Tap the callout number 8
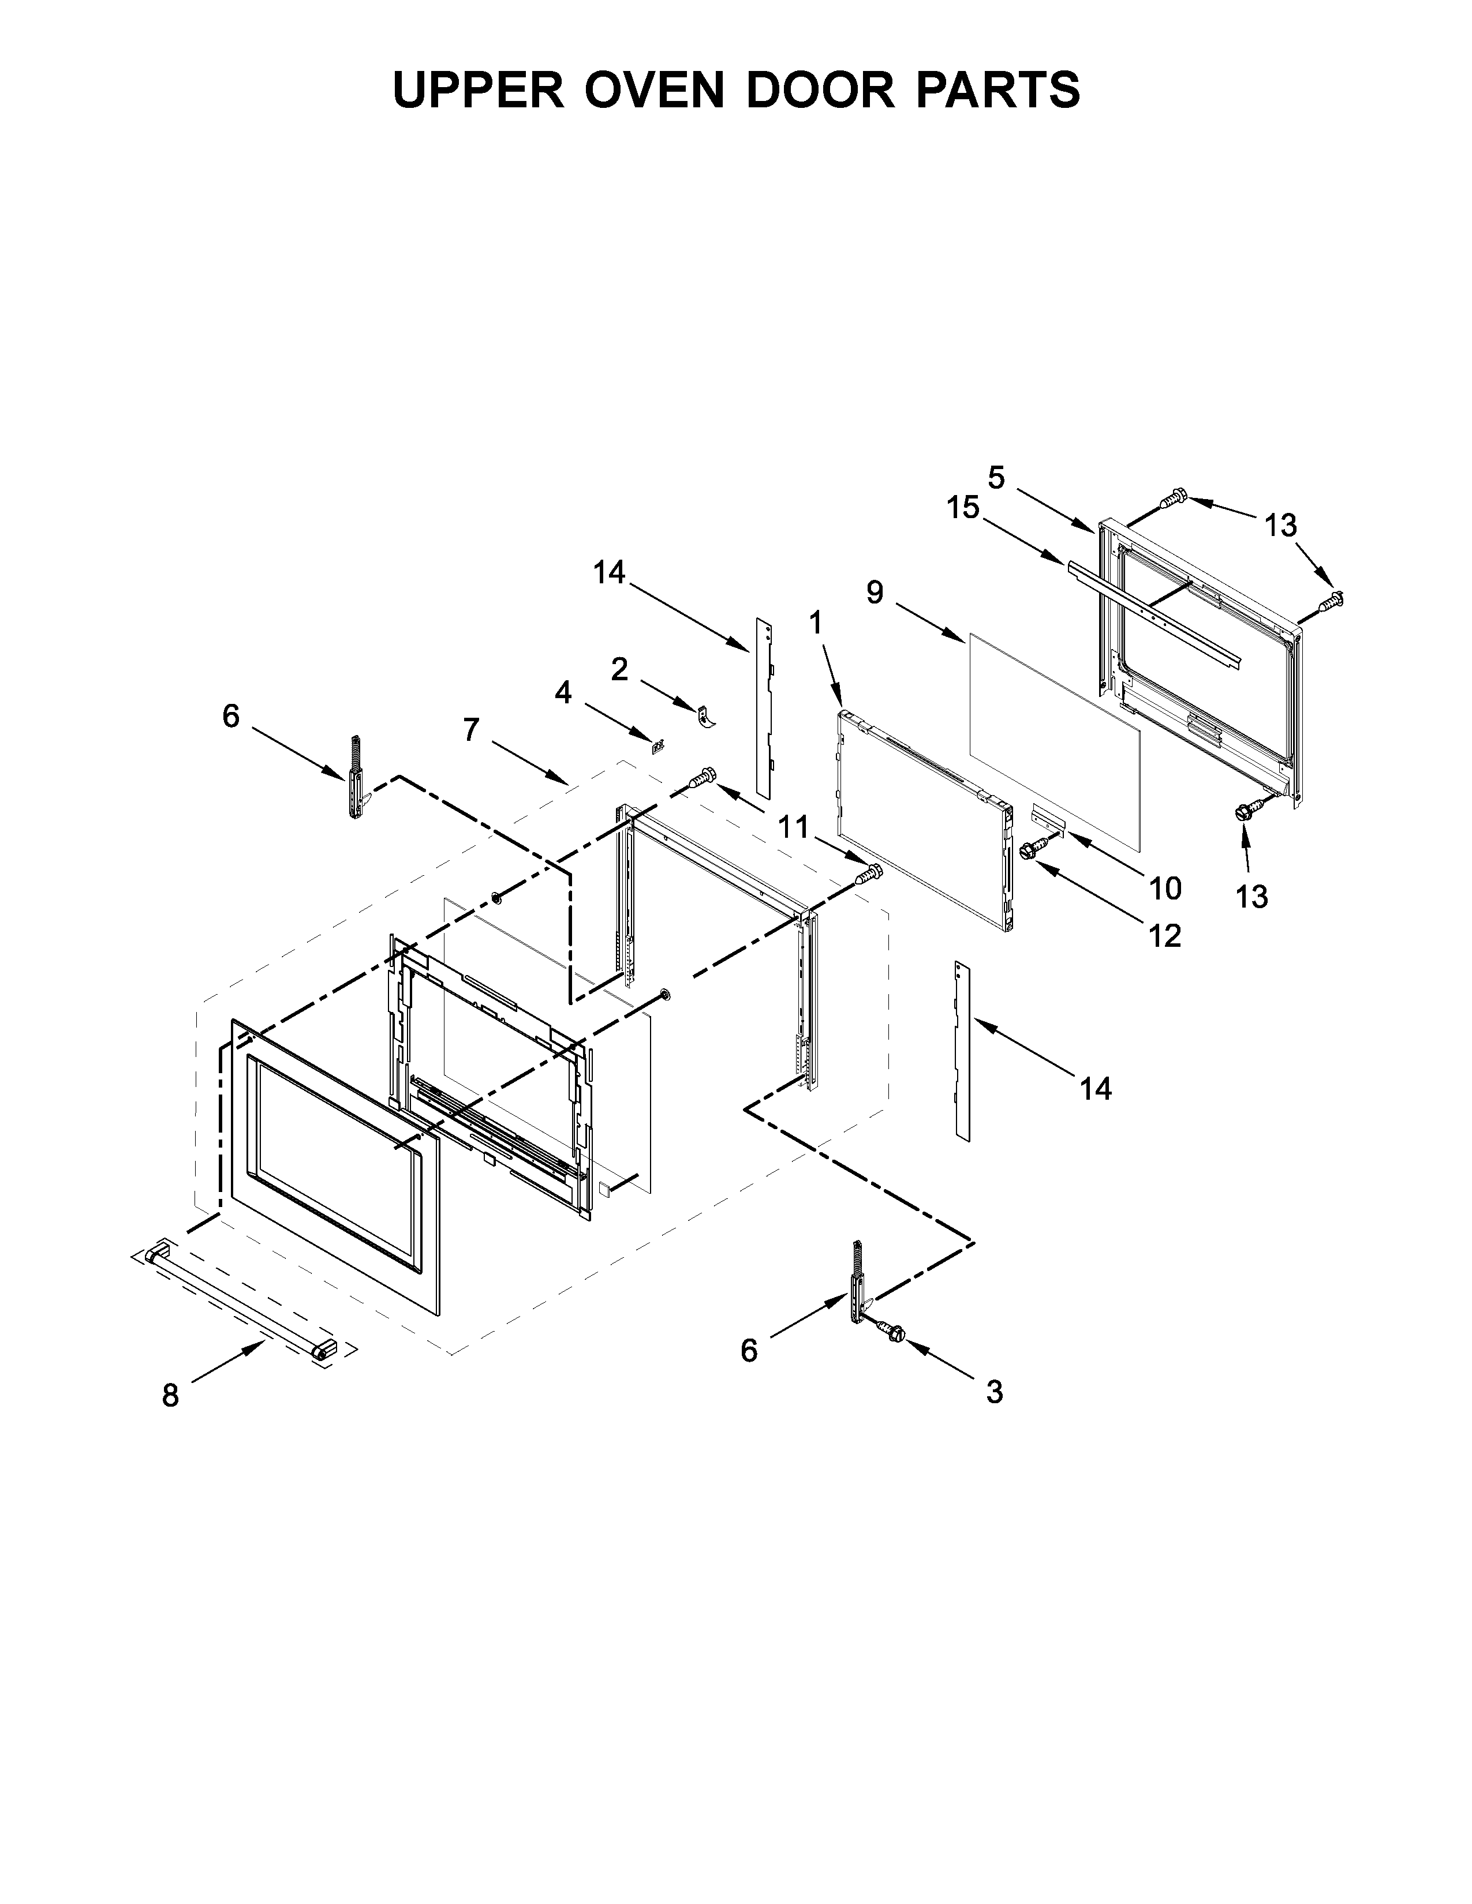coord(171,1396)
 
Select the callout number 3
coord(994,1392)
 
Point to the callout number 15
coord(963,507)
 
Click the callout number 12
coord(1165,935)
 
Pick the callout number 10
coord(1165,889)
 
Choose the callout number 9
coord(875,593)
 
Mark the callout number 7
coord(471,729)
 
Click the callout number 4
coord(563,693)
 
